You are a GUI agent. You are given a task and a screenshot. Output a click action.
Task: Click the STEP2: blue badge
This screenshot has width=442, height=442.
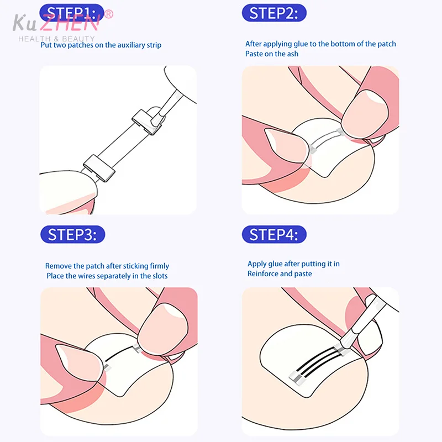pyautogui.click(x=274, y=13)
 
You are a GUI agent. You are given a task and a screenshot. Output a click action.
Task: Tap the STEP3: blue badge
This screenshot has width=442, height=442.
pyautogui.click(x=73, y=234)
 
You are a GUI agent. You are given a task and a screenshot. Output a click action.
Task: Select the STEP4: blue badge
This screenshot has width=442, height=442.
pyautogui.click(x=274, y=234)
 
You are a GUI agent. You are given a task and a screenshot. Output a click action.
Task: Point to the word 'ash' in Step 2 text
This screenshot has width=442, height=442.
pyautogui.click(x=293, y=54)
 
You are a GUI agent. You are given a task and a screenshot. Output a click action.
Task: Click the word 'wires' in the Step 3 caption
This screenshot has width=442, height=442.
pyautogui.click(x=86, y=276)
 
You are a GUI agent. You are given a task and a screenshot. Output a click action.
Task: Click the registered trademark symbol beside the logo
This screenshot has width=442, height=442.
pyautogui.click(x=109, y=14)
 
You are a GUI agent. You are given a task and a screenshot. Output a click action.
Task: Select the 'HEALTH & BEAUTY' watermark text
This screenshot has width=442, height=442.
pyautogui.click(x=56, y=39)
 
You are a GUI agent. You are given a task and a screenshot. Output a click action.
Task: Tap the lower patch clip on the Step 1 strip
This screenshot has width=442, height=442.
pyautogui.click(x=99, y=169)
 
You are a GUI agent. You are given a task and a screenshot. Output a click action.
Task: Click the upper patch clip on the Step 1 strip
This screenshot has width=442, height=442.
pyautogui.click(x=147, y=122)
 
